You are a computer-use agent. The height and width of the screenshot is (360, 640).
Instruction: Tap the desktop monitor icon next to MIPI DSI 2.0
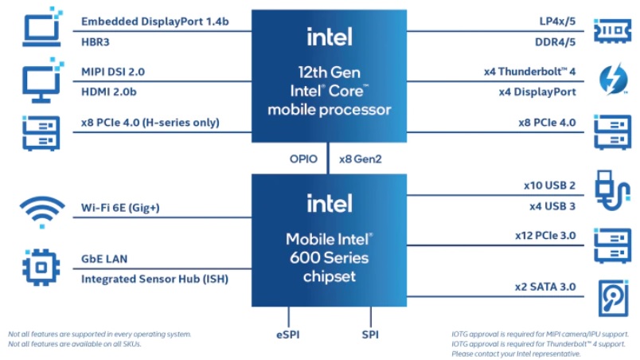38,81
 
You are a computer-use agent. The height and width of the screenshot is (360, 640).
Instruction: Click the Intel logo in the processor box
329,36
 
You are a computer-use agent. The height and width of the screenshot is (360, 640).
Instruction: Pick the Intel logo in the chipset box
329,203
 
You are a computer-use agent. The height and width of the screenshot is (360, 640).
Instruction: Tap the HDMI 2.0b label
109,92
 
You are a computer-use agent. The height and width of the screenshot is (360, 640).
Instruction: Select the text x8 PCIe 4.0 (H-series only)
150,123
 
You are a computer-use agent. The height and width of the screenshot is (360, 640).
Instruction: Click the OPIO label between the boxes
303,159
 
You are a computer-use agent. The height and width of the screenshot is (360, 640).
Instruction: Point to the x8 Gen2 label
361,159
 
